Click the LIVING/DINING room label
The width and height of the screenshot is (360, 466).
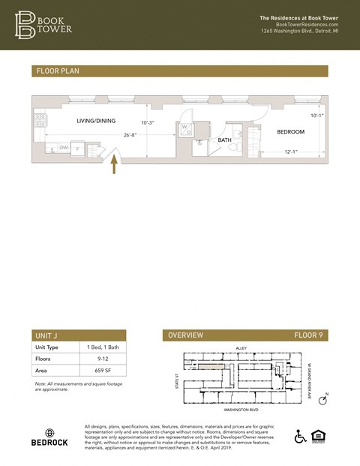tap(96, 120)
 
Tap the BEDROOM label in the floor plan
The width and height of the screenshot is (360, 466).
tap(290, 131)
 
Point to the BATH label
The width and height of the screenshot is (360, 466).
tap(224, 140)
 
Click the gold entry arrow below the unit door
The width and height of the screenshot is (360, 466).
tap(114, 164)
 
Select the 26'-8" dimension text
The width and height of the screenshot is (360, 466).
tap(130, 135)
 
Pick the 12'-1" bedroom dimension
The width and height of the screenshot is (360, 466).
tap(292, 152)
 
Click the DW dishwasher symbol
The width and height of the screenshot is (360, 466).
tap(64, 148)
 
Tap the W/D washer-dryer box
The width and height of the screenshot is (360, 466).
tap(186, 129)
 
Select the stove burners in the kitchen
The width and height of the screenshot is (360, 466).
tap(40, 121)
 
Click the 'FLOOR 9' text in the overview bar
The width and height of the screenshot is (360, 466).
tap(307, 335)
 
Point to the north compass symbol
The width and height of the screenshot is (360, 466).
tap(323, 401)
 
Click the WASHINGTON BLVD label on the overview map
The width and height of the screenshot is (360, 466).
tap(241, 410)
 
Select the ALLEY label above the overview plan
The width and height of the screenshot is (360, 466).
tap(241, 348)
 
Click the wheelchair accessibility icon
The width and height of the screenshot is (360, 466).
tap(301, 437)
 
